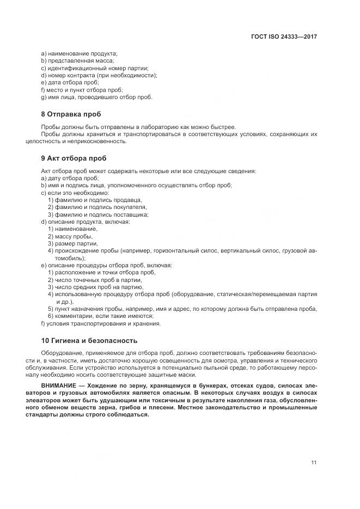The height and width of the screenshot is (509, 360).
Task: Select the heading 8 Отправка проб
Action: [x=71, y=115]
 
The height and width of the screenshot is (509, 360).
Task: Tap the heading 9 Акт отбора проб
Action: [x=74, y=158]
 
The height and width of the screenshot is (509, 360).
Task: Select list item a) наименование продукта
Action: [x=79, y=53]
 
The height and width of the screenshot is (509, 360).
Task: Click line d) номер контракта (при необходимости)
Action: [x=99, y=75]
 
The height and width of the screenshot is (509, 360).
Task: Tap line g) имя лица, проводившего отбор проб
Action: [x=96, y=97]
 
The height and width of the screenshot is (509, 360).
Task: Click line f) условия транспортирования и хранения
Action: [x=100, y=323]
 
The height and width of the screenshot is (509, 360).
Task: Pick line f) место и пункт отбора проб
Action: [x=82, y=90]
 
